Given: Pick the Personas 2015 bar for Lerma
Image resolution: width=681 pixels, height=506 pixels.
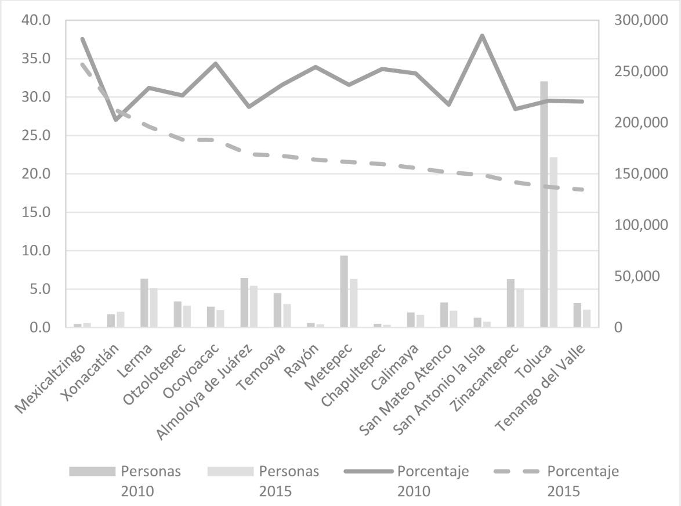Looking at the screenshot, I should [153, 308].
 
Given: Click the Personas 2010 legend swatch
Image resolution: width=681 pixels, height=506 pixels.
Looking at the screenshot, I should [92, 471].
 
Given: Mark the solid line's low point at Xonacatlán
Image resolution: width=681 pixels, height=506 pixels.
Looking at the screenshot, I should [115, 120].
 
